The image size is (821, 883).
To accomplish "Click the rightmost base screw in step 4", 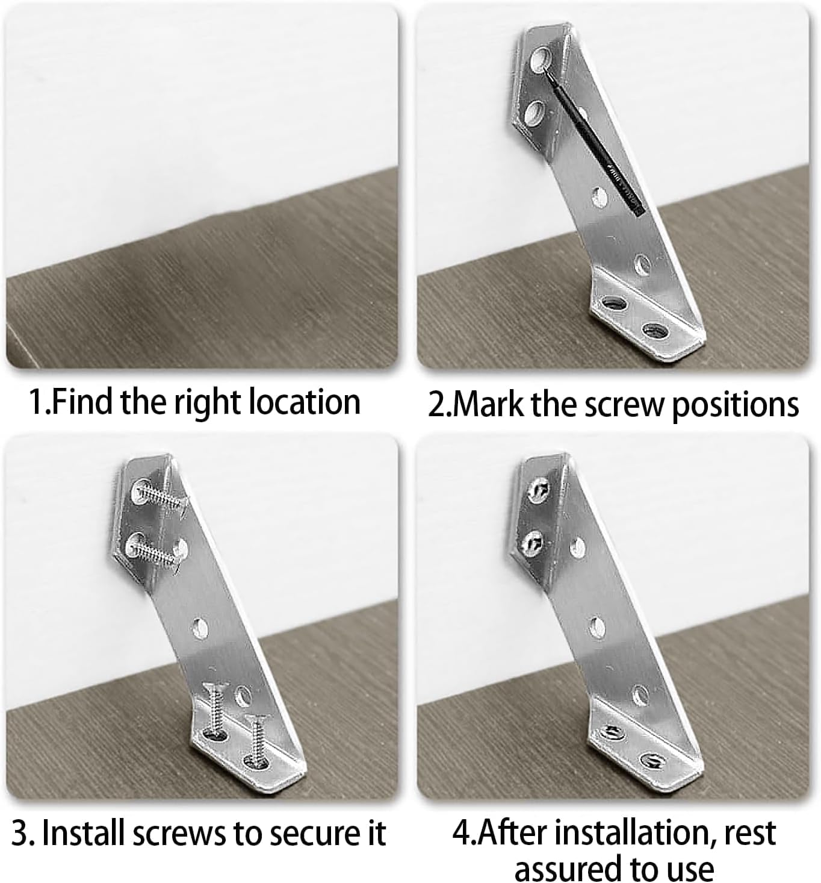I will coord(651,761).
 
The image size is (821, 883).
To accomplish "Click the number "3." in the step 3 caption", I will coord(23,833).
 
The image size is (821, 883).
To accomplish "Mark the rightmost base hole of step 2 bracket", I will coord(654,330).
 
